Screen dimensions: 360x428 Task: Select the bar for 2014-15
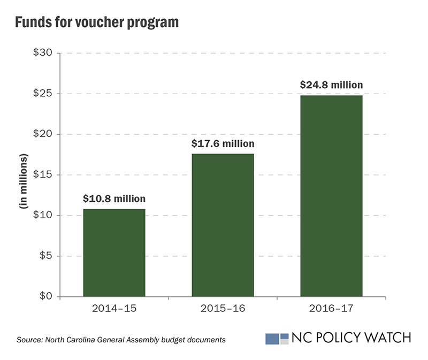[114, 252]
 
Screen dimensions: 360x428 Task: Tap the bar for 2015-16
[223, 225]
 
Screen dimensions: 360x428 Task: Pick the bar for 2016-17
[331, 196]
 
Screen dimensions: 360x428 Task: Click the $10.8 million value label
[114, 199]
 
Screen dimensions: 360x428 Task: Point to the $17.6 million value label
[223, 143]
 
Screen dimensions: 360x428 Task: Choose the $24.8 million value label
[331, 85]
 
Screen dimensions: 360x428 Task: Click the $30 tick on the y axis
[42, 53]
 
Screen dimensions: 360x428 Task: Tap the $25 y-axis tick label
[42, 94]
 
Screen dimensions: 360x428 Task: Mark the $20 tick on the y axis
[42, 134]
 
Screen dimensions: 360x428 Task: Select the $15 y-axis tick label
[42, 175]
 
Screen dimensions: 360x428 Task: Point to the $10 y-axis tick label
[42, 216]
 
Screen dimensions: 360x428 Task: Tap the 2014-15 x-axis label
[114, 309]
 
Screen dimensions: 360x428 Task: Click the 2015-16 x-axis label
[223, 309]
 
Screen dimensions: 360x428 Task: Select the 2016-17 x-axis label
[331, 309]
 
